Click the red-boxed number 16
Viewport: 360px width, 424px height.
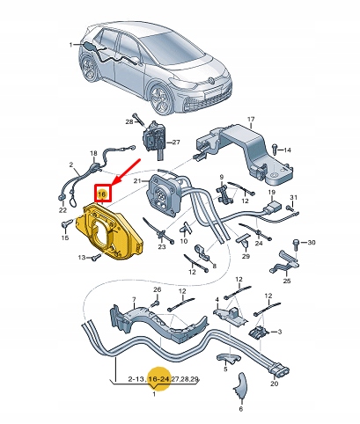102,194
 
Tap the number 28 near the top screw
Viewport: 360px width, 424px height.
129,123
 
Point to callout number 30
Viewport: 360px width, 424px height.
310,241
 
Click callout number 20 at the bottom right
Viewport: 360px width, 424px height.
275,384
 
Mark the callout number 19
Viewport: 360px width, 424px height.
271,191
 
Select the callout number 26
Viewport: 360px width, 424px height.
157,289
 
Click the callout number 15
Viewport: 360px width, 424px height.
65,224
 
